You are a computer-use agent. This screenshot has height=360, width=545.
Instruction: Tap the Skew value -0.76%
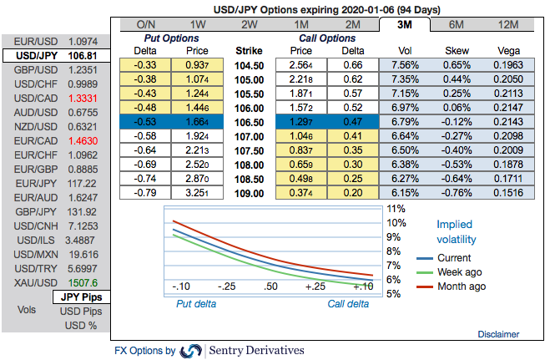pyautogui.click(x=458, y=192)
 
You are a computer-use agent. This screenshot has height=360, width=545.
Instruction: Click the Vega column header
pyautogui.click(x=507, y=50)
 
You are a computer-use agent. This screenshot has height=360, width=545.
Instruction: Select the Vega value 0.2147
pyautogui.click(x=507, y=107)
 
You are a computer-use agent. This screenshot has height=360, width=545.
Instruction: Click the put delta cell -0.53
pyautogui.click(x=146, y=121)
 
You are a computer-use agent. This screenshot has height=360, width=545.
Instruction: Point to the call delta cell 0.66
pyautogui.click(x=352, y=64)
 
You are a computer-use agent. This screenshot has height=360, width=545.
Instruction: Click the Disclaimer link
pyautogui.click(x=498, y=334)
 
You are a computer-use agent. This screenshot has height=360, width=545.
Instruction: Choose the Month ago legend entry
pyautogui.click(x=460, y=286)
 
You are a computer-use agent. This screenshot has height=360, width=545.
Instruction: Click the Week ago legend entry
pyautogui.click(x=458, y=272)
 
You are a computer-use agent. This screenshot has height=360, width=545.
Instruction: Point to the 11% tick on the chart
pyautogui.click(x=396, y=209)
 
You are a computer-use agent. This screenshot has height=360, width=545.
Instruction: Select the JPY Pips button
pyautogui.click(x=81, y=297)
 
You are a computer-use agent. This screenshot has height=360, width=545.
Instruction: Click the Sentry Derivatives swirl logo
pyautogui.click(x=191, y=350)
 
